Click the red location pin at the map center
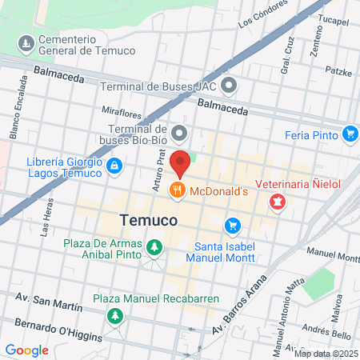180,162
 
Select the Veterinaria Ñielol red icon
277,202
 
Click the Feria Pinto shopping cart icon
350,134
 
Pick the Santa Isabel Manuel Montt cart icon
232,226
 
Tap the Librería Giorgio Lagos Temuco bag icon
115,166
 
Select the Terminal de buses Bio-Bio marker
180,134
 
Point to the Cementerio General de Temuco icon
26,42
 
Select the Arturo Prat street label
158,173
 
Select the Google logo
27,350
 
